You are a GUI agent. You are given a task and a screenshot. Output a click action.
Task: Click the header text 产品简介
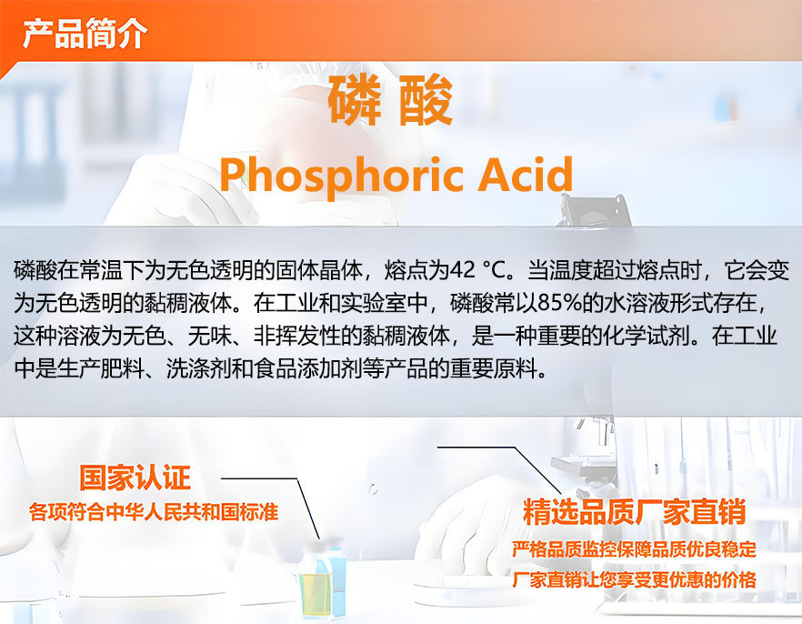pyautogui.click(x=85, y=34)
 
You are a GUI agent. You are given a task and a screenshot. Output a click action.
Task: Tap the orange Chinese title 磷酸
pyautogui.click(x=390, y=100)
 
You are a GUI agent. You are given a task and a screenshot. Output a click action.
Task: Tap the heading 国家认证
pyautogui.click(x=135, y=478)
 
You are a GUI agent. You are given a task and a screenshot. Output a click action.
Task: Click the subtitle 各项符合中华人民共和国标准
pyautogui.click(x=154, y=512)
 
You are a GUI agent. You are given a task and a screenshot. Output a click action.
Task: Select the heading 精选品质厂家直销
pyautogui.click(x=635, y=511)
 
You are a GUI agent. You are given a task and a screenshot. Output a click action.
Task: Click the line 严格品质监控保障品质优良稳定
pyautogui.click(x=635, y=549)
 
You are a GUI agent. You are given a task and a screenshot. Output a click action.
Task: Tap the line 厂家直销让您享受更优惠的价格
pyautogui.click(x=635, y=580)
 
